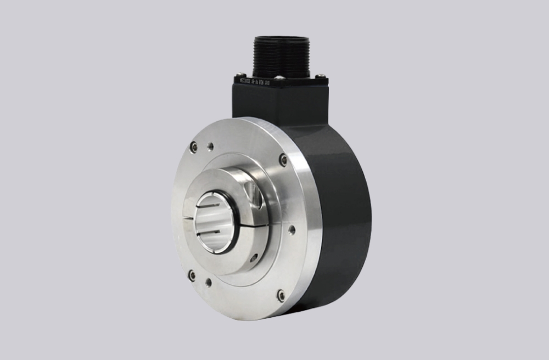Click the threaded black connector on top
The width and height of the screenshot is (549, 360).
[x=282, y=55]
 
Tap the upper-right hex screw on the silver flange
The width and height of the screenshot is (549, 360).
[x=283, y=160]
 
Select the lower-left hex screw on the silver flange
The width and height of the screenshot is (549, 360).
[x=192, y=275]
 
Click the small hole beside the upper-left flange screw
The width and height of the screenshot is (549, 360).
[x=210, y=147]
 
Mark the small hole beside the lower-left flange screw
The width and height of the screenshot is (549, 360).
[x=209, y=283]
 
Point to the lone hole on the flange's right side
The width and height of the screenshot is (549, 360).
[x=292, y=229]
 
